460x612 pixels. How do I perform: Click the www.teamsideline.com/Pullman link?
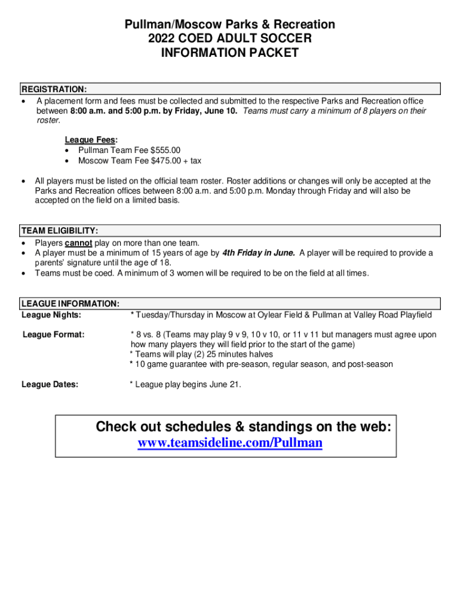click(230, 443)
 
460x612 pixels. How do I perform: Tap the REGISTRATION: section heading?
click(54, 90)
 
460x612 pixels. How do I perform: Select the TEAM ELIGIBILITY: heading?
click(60, 231)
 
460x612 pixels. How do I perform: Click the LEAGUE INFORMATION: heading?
click(70, 304)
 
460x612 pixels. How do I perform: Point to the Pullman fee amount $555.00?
click(165, 150)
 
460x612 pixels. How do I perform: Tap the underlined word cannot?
click(78, 243)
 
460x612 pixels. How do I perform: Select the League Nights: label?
click(51, 315)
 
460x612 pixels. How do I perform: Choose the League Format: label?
click(53, 335)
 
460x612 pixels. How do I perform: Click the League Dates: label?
click(50, 385)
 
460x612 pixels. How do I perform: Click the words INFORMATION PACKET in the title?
click(230, 53)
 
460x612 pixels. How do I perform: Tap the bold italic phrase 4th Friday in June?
click(258, 253)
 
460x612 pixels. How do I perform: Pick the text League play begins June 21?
click(188, 385)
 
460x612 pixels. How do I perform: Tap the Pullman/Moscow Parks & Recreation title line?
click(230, 25)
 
